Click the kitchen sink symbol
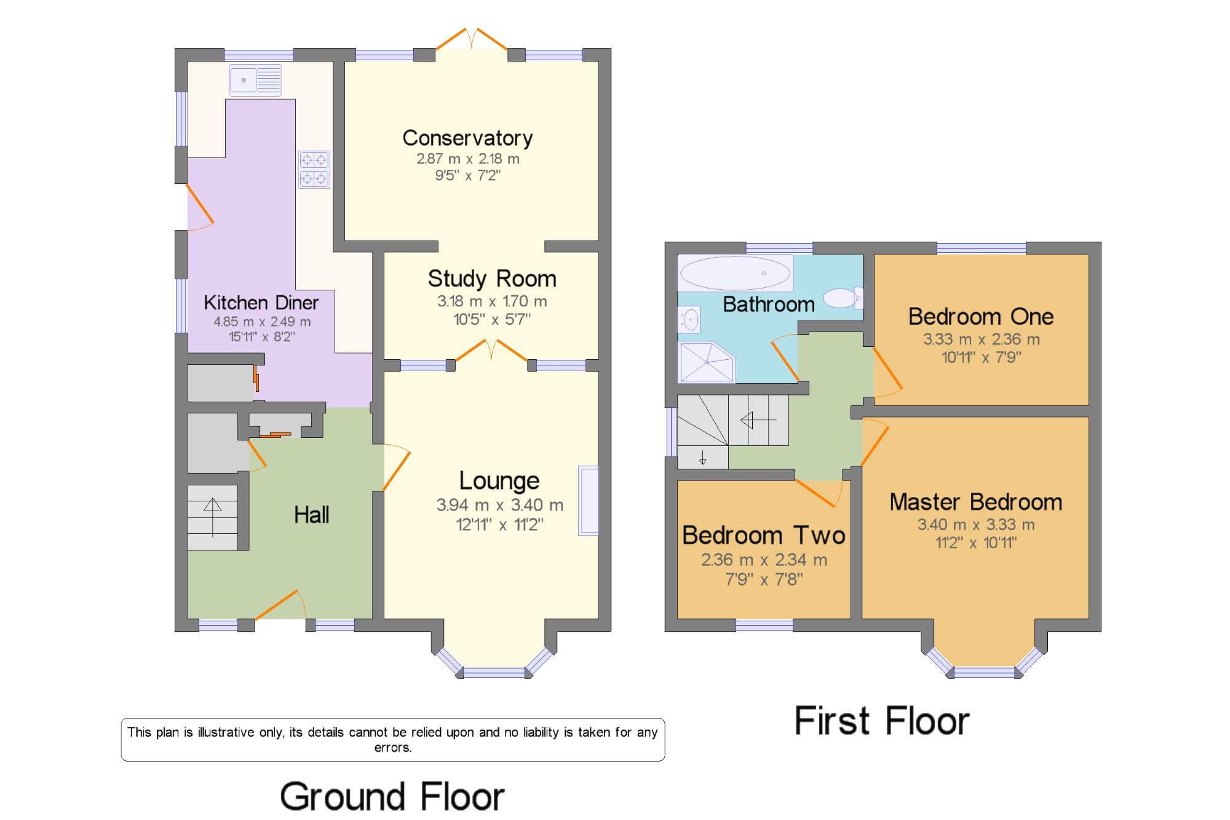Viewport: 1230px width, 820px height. pos(255,80)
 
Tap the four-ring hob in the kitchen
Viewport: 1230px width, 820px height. pos(314,169)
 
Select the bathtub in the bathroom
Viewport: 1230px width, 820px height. pos(736,273)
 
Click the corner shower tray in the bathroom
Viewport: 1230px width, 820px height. pos(707,362)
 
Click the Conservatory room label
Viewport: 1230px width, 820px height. pos(467,138)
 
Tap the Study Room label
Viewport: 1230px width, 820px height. pos(492,279)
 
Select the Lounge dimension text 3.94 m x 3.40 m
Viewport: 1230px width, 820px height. pos(499,505)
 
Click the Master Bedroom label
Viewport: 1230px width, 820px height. pos(976,502)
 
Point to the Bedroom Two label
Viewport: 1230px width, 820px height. pos(764,535)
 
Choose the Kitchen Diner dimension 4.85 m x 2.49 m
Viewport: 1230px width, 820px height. pos(262,322)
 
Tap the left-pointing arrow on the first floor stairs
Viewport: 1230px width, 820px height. pos(758,420)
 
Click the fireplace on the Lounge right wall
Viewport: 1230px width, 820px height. pos(589,501)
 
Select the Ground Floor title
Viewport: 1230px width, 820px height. pos(392,796)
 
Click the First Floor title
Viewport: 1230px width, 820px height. pos(882,721)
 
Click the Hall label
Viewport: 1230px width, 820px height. pos(311,515)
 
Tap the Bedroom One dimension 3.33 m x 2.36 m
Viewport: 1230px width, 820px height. pos(982,339)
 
